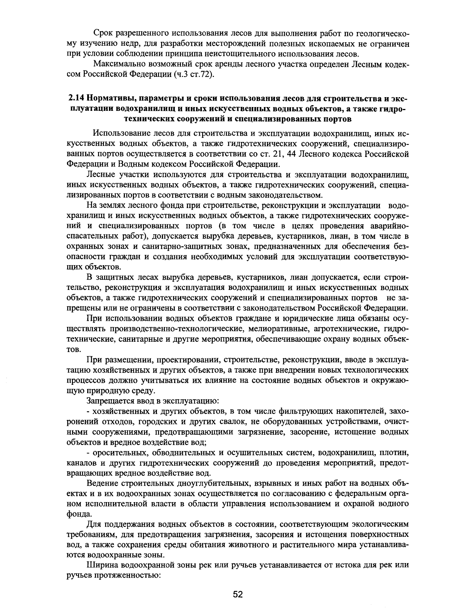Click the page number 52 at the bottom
pyautogui.click(x=238, y=595)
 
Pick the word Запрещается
pyautogui.click(x=109, y=401)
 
